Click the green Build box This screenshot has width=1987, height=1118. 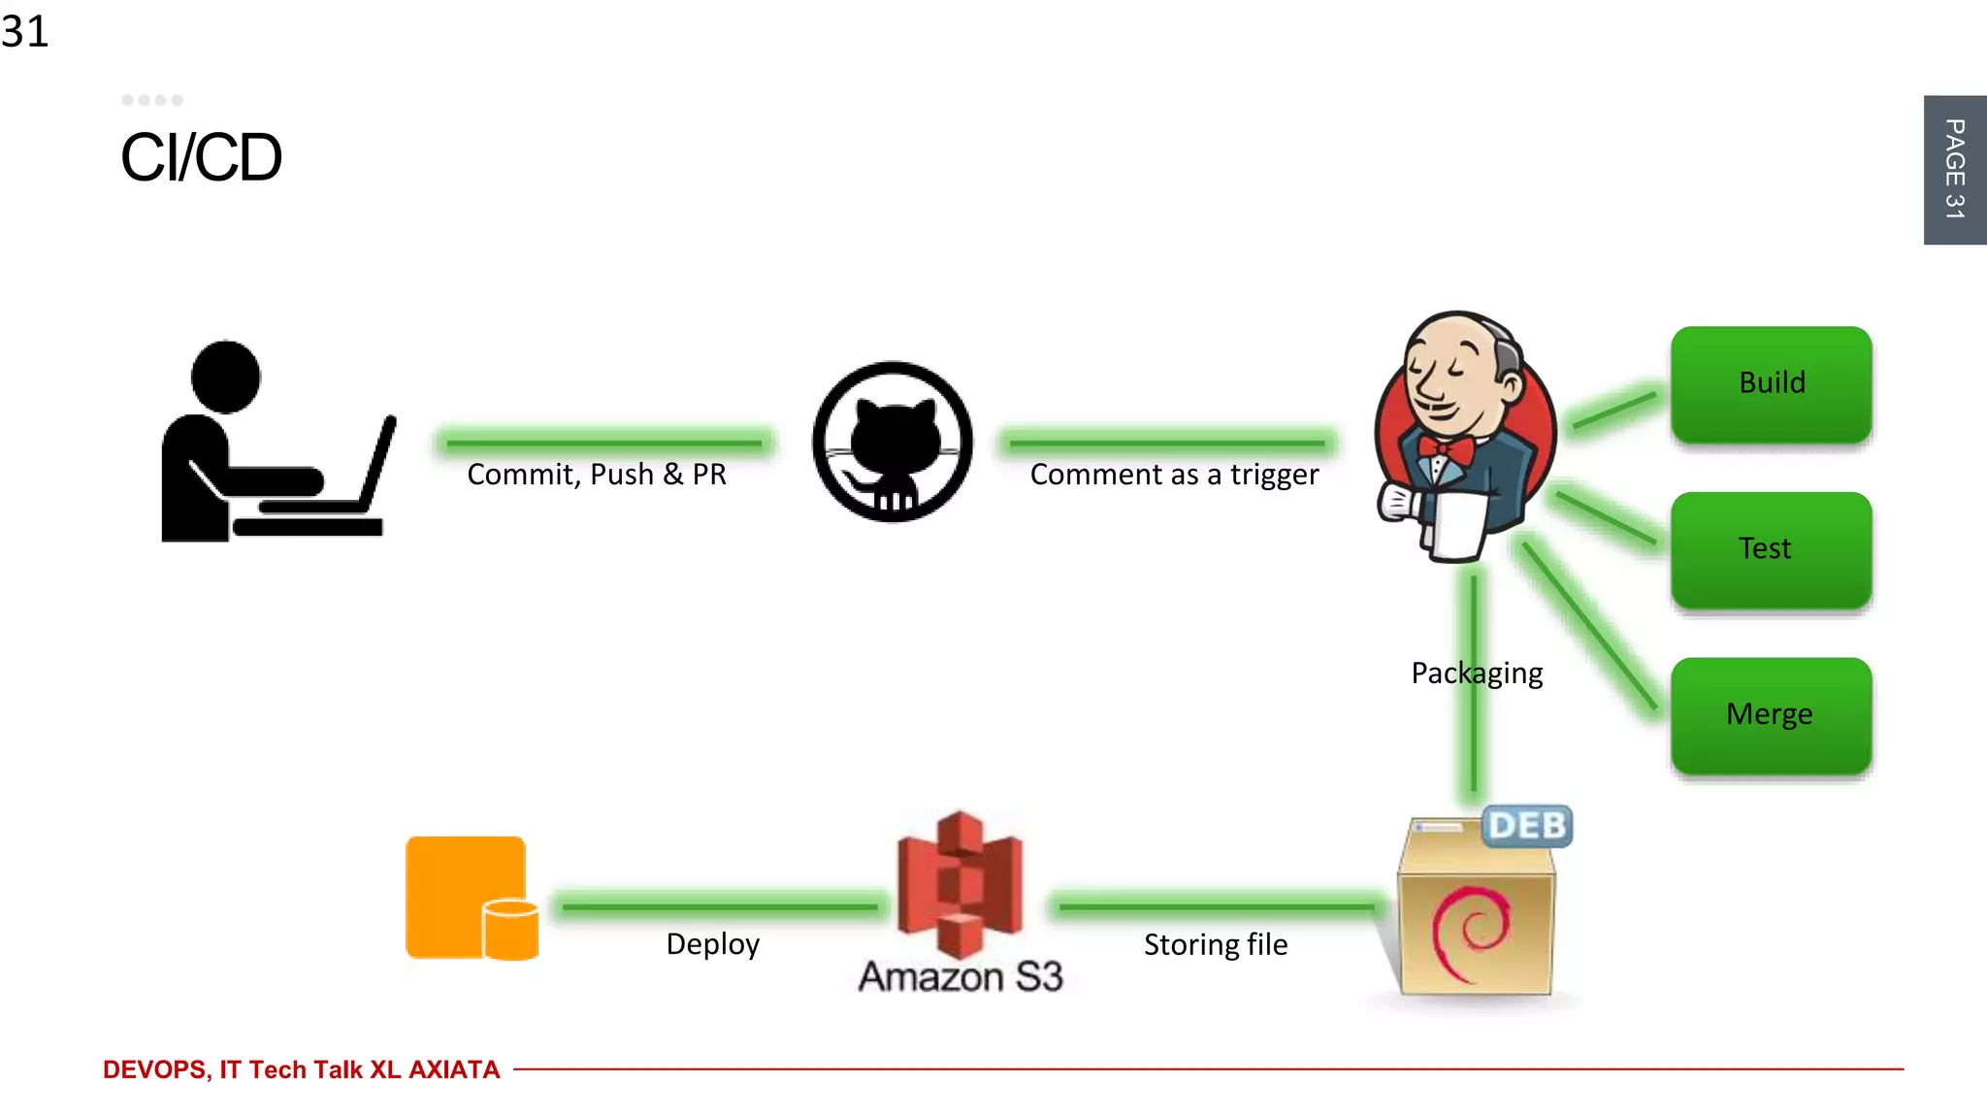coord(1771,384)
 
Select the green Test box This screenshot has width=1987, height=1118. coord(1771,549)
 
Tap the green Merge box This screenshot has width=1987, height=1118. coord(1771,715)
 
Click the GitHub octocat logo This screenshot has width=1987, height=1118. coord(893,443)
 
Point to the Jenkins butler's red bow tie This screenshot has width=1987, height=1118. coord(1446,449)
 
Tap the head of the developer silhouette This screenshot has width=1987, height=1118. coord(226,377)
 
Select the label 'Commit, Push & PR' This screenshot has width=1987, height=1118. coord(597,475)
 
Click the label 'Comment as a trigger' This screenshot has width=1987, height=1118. coord(1174,475)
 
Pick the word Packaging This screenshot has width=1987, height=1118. coord(1477,674)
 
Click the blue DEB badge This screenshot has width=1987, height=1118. coord(1527,826)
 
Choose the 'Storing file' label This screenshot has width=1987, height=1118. coord(1216,944)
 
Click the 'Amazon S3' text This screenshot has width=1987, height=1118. coord(961,976)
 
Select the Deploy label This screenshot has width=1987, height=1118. coord(713,944)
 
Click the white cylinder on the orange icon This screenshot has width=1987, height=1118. coord(510,929)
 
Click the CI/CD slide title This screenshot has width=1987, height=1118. coord(201,157)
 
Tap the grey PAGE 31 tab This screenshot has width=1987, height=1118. coord(1954,170)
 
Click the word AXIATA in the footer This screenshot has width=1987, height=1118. coord(454,1069)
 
